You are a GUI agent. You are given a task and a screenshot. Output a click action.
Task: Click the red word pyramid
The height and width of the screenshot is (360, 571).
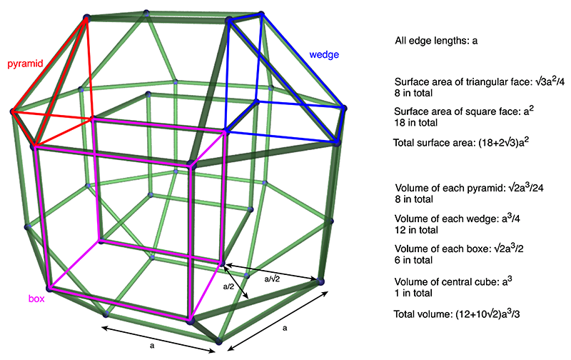pos(25,64)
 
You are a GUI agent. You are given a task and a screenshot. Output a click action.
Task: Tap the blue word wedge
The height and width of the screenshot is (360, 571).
pos(324,55)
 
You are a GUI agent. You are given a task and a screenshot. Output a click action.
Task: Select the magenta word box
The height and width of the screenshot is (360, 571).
pos(36,299)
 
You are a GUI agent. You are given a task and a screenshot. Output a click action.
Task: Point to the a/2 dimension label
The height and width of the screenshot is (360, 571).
pos(228,286)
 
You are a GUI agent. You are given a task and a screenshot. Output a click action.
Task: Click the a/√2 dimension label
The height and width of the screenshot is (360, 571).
pos(272,279)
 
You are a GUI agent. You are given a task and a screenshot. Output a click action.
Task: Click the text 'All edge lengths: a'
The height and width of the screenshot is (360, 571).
pos(436,41)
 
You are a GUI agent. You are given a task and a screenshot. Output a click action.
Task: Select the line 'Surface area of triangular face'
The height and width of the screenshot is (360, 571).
pos(479,81)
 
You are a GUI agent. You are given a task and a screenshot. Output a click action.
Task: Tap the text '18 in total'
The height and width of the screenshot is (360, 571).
pos(415,122)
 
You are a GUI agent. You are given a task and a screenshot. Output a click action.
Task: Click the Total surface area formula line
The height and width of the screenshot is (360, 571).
pos(461,142)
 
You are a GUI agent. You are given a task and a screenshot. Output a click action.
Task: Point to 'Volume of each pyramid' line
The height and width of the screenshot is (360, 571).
pos(469,188)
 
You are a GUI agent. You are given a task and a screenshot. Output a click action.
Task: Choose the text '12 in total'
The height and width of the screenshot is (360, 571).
pos(416,230)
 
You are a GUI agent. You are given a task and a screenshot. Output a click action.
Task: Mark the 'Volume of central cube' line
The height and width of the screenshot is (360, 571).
pos(453,281)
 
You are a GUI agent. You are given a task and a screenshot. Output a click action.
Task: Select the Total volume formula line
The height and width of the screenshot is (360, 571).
pos(457,314)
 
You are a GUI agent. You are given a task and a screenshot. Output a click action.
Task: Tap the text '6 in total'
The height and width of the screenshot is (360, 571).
pos(414,260)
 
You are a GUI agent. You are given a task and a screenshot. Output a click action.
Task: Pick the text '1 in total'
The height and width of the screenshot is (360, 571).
pos(413,293)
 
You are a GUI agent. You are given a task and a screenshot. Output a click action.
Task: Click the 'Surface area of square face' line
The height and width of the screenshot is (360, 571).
pos(464,111)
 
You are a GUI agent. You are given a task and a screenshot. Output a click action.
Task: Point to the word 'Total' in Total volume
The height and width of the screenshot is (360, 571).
pos(405,314)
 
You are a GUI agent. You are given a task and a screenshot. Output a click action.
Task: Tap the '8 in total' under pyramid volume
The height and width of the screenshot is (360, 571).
pos(414,199)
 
